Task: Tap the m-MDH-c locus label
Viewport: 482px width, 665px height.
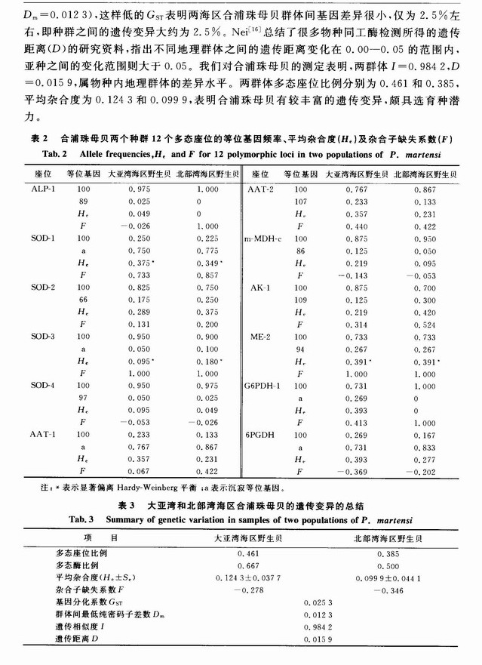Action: (260, 238)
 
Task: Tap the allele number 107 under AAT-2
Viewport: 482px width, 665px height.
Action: (301, 202)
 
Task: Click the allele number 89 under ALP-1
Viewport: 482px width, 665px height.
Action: (81, 202)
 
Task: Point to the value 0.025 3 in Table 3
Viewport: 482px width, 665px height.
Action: (318, 602)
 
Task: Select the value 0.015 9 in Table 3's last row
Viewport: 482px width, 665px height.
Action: (318, 639)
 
